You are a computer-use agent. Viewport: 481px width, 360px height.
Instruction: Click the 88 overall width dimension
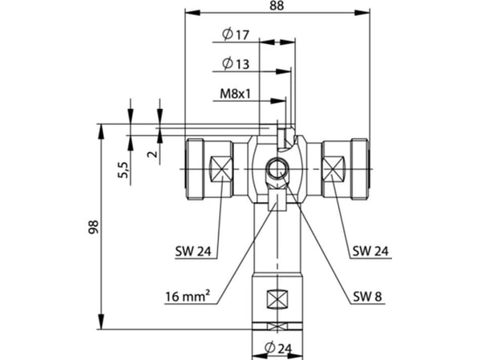point(277,6)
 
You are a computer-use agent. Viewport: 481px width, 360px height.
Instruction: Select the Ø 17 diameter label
point(236,34)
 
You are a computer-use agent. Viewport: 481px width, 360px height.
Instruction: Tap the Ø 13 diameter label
point(236,64)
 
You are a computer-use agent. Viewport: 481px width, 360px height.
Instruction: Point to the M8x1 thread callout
point(235,94)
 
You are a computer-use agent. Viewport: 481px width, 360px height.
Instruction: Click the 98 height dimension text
point(94,227)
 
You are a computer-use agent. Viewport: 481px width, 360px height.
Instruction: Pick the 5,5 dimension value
point(123,170)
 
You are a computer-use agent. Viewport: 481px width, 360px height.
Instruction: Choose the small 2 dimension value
point(152,154)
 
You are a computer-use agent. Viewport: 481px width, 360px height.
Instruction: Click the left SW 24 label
point(193,251)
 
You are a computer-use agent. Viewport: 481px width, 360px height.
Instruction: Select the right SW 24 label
point(370,251)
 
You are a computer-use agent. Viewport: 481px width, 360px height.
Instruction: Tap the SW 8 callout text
point(367,297)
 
